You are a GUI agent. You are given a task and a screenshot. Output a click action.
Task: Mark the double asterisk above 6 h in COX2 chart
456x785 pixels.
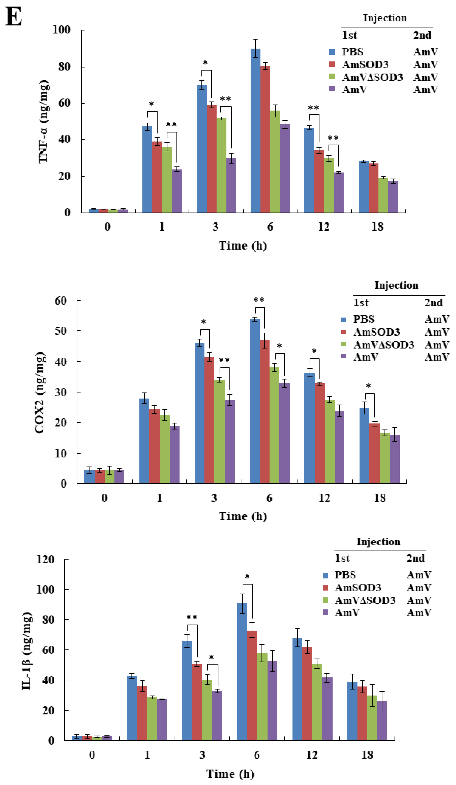click(259, 300)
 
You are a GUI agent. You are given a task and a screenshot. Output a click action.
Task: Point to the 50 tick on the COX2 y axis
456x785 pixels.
click(61, 331)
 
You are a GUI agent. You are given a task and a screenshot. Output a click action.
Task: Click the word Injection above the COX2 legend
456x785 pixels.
click(396, 285)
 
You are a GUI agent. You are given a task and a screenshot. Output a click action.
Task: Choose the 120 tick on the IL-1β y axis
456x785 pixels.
click(45, 559)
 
